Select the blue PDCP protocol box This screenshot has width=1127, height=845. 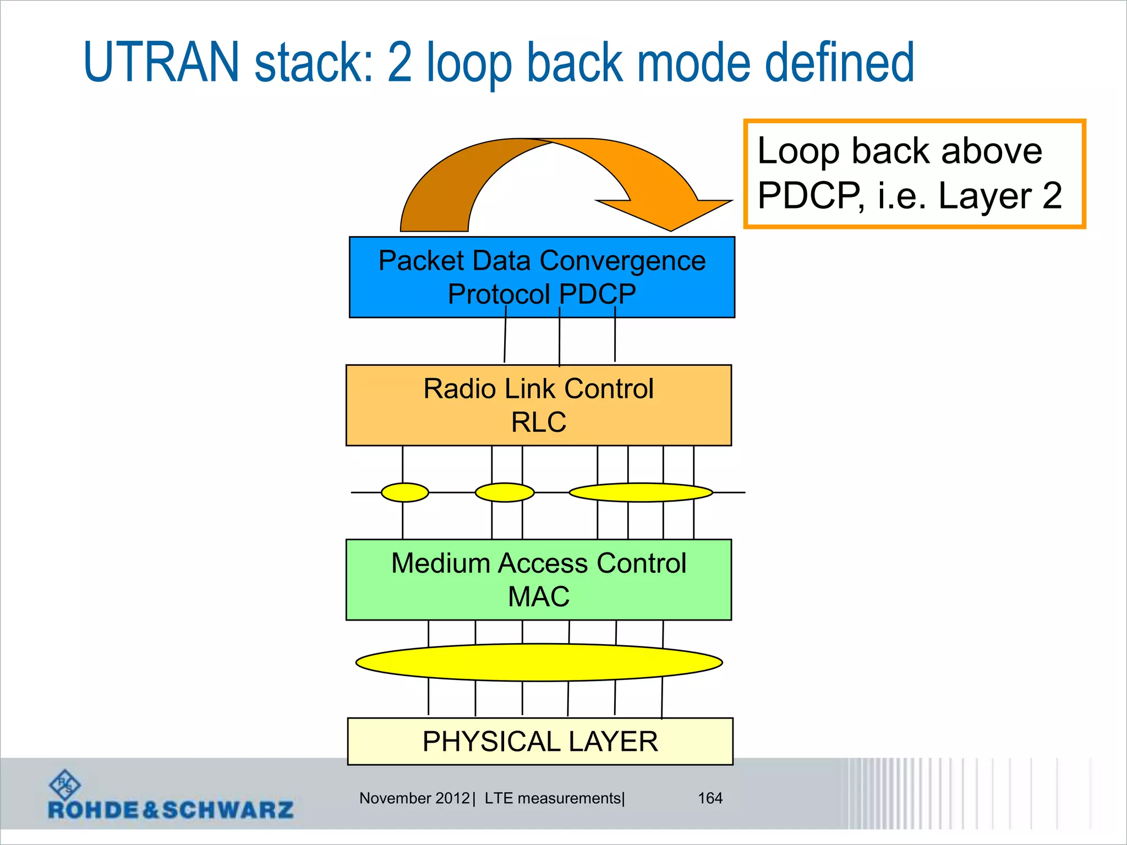[541, 277]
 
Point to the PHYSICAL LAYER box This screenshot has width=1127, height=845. [540, 741]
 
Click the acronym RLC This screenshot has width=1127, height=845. [538, 422]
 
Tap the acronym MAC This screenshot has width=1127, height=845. [538, 597]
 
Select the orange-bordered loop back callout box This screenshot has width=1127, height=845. [913, 173]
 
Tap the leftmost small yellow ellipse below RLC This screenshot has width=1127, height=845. [404, 492]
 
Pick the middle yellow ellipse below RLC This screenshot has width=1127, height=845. [504, 492]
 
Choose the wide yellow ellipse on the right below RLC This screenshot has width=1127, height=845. [641, 492]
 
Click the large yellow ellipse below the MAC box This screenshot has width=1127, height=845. [539, 662]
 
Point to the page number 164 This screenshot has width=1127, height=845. [710, 798]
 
